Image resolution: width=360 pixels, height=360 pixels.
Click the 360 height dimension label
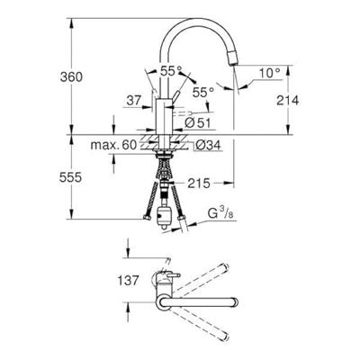click(x=71, y=77)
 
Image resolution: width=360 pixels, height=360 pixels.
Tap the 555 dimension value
click(x=70, y=178)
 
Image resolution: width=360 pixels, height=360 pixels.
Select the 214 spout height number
click(x=288, y=100)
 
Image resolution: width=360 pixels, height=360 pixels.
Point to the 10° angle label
click(x=269, y=73)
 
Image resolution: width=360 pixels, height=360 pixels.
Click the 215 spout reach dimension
click(x=199, y=184)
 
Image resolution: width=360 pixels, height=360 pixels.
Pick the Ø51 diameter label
click(x=198, y=123)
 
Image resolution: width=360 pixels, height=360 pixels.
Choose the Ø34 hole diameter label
click(x=209, y=145)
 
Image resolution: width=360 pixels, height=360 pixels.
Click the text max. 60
click(x=113, y=145)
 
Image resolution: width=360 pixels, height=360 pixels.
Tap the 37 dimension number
click(x=133, y=101)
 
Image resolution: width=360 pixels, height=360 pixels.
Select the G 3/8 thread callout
click(x=220, y=213)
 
